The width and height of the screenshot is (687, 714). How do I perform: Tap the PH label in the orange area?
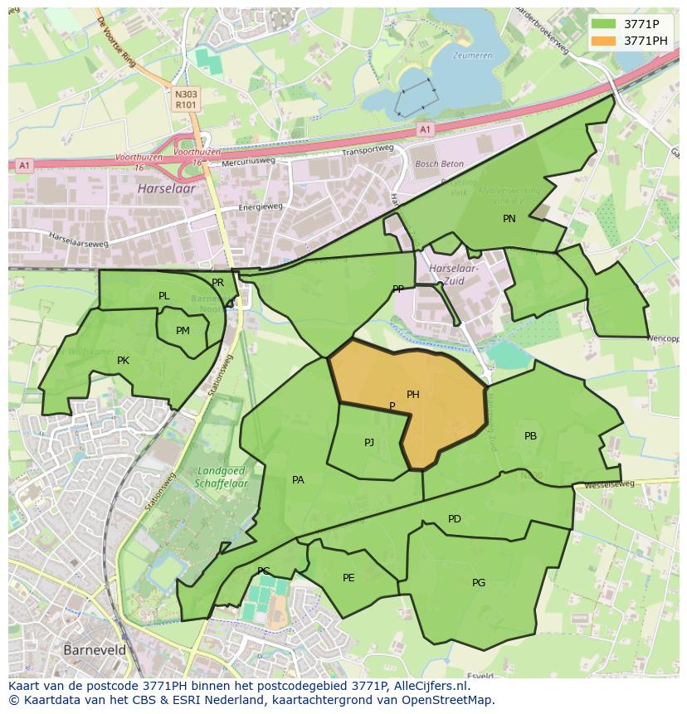click(x=412, y=395)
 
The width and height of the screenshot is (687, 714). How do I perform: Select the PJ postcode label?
click(x=369, y=443)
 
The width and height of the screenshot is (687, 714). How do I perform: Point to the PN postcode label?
click(x=509, y=219)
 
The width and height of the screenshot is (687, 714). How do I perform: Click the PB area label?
click(x=530, y=436)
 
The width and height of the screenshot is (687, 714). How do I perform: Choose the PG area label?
click(x=479, y=583)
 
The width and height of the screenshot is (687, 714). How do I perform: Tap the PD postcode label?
click(x=454, y=519)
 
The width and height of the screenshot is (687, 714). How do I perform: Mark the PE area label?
click(x=348, y=578)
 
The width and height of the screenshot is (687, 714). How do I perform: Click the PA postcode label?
click(x=298, y=479)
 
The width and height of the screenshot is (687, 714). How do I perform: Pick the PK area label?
click(x=123, y=361)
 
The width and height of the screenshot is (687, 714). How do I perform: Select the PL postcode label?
click(x=163, y=296)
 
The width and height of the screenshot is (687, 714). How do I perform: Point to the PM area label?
click(x=183, y=331)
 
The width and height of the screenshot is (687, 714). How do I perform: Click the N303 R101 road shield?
click(x=186, y=100)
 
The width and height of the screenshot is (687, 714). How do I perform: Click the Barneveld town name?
click(x=95, y=650)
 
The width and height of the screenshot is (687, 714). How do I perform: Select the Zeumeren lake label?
click(x=472, y=56)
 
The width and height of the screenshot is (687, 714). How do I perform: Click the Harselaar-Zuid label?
click(x=455, y=274)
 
